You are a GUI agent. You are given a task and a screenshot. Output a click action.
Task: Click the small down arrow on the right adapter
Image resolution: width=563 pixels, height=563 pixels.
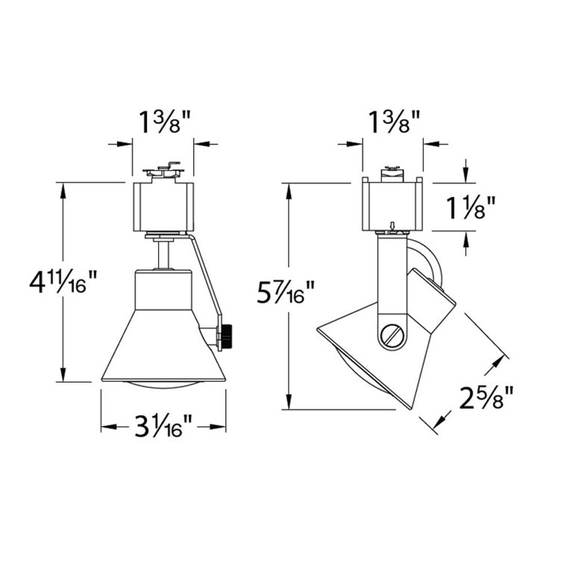point(392,226)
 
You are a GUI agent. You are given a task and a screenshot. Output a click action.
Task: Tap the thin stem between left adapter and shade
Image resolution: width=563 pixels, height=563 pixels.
point(162,254)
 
